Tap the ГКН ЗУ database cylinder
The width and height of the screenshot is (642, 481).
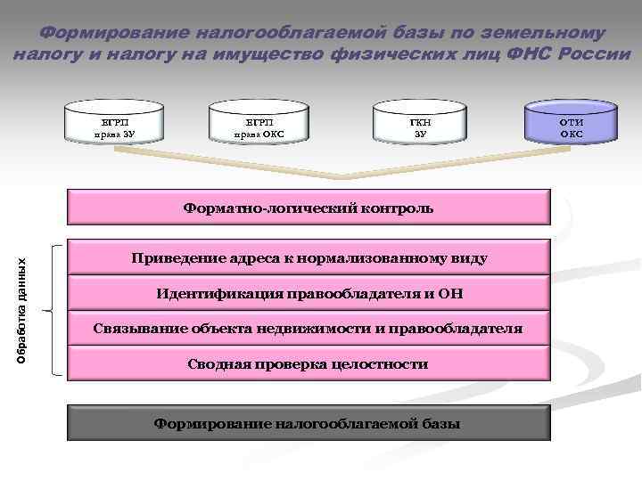[x=420, y=123]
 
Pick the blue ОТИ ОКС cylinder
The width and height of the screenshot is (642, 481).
[x=571, y=123]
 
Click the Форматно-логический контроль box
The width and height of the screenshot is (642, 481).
[x=309, y=208]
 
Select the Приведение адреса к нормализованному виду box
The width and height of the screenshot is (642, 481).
[x=309, y=258]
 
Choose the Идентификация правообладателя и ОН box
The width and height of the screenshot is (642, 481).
[x=309, y=293]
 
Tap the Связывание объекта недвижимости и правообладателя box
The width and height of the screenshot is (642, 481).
[x=309, y=329]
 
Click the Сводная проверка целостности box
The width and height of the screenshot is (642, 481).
[x=309, y=363]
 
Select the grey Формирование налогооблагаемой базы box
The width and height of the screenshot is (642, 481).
[x=309, y=423]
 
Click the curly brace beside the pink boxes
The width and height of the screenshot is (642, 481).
[x=55, y=309]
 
